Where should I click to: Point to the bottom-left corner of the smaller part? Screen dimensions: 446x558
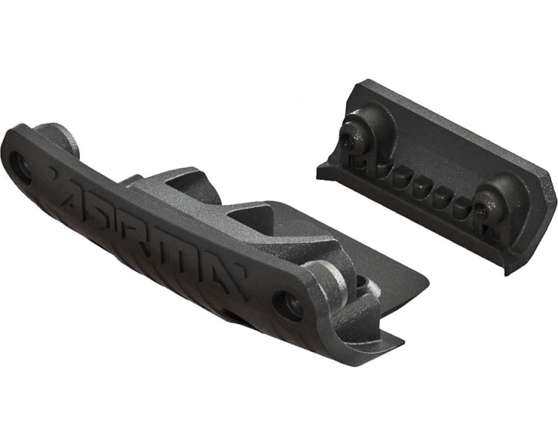point(319,171)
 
